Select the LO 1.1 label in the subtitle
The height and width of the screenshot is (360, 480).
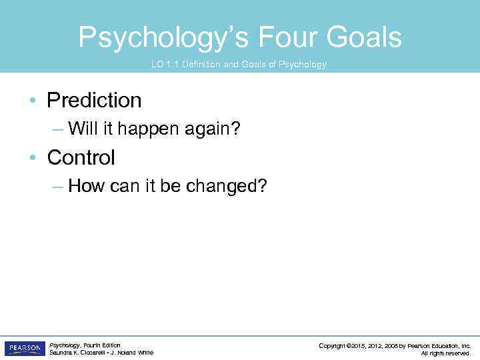point(165,65)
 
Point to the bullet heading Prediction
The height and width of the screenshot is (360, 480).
point(94,101)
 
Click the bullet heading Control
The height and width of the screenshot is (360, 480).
point(81,158)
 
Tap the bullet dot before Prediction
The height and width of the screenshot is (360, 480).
point(33,101)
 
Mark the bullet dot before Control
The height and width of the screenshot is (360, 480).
point(33,159)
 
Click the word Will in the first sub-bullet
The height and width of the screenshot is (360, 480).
point(83,128)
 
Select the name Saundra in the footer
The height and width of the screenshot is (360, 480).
point(61,353)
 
